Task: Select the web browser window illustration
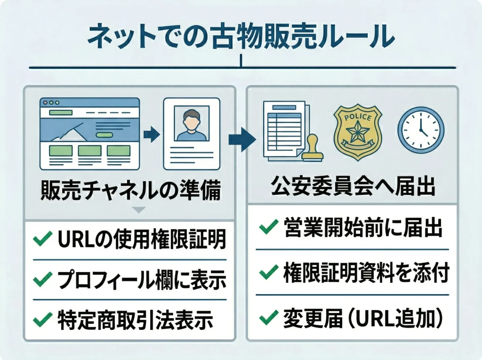coord(90,134)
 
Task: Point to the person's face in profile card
coord(191,120)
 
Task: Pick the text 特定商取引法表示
coord(135,320)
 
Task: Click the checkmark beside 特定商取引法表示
coord(42,320)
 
